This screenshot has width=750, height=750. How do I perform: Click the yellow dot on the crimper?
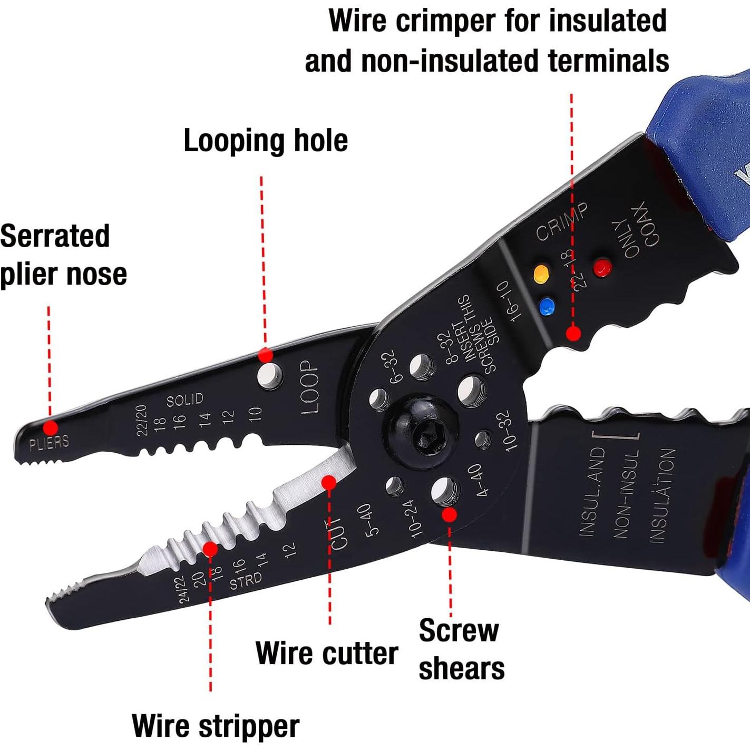[x=541, y=274]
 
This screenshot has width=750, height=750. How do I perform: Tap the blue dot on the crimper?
[x=547, y=306]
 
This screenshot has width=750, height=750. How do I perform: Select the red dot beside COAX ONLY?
[x=602, y=267]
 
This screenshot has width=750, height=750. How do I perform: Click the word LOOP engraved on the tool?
[x=309, y=387]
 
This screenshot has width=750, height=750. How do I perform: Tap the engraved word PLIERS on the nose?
[x=48, y=442]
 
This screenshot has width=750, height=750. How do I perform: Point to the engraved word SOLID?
[x=184, y=400]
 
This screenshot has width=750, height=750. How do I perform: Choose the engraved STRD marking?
[x=246, y=581]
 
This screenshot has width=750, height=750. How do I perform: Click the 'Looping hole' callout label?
[x=265, y=141]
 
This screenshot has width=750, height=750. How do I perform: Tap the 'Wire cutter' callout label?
[x=326, y=654]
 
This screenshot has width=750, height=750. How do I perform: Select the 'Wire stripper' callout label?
[x=215, y=726]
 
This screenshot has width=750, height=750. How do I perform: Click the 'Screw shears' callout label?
[x=461, y=649]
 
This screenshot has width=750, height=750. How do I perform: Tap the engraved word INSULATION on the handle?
[x=662, y=495]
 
